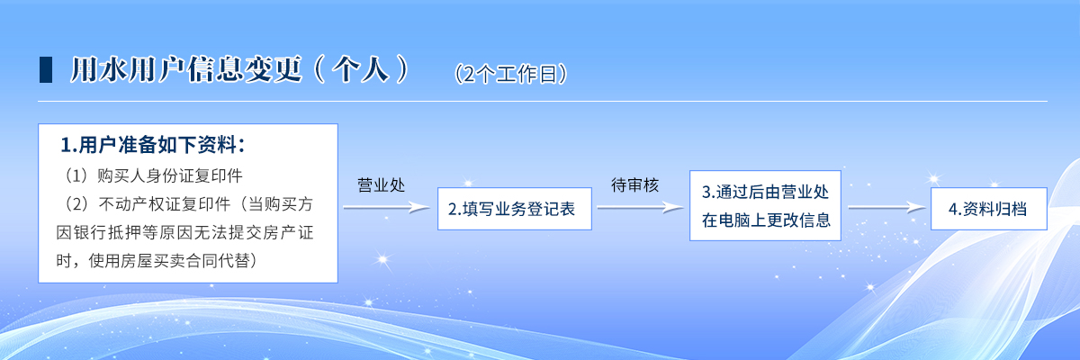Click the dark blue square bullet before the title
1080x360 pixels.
pyautogui.click(x=46, y=70)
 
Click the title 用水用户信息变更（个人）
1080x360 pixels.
pyautogui.click(x=239, y=70)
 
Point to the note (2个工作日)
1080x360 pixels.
pyautogui.click(x=510, y=74)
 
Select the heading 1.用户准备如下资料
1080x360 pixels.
pyautogui.click(x=152, y=145)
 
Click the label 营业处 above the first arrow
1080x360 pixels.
pyautogui.click(x=381, y=185)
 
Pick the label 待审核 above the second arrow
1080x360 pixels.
pyautogui.click(x=634, y=185)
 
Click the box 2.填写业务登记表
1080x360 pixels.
pyautogui.click(x=515, y=209)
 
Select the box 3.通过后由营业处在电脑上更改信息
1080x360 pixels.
pyautogui.click(x=765, y=205)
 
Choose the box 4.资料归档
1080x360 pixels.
pyautogui.click(x=989, y=209)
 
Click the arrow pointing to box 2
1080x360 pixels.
pyautogui.click(x=387, y=208)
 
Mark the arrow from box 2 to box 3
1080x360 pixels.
pyautogui.click(x=640, y=208)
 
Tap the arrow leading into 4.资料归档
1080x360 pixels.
pyautogui.click(x=886, y=208)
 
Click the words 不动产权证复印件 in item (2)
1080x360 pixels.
pyautogui.click(x=165, y=204)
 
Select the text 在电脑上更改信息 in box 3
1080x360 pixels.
pyautogui.click(x=766, y=220)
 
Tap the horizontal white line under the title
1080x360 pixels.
pyautogui.click(x=543, y=102)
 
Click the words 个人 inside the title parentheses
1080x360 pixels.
pyautogui.click(x=361, y=70)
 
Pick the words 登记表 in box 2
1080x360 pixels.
pyautogui.click(x=551, y=209)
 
